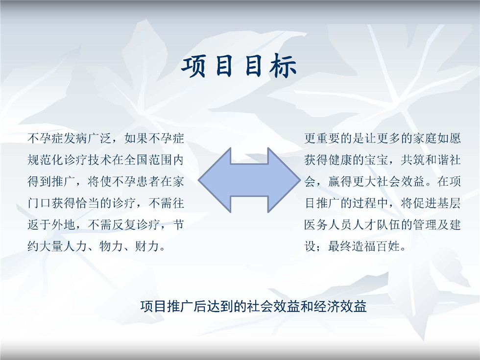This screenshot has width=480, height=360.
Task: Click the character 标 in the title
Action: (x=283, y=65)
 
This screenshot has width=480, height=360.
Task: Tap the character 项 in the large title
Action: (x=194, y=65)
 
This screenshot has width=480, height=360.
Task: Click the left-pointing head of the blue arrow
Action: (x=215, y=180)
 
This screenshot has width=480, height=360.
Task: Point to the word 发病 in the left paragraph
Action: (x=75, y=138)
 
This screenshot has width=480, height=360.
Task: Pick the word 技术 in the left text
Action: (x=99, y=160)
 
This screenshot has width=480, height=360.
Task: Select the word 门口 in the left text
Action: (x=39, y=203)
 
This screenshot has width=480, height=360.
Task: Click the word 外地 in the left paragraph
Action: (x=63, y=225)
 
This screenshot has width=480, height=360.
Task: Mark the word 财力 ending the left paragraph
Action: (x=147, y=246)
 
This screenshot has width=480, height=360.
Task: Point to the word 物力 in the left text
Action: (x=112, y=246)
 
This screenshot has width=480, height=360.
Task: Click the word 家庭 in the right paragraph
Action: (x=424, y=138)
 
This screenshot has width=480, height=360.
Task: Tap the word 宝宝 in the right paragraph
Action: (x=376, y=160)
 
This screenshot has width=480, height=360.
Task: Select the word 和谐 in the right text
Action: (x=436, y=160)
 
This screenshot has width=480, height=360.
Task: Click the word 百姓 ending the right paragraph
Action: (x=388, y=246)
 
